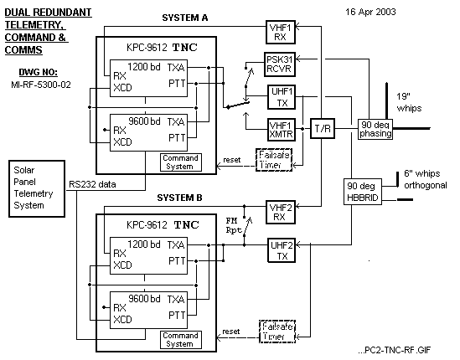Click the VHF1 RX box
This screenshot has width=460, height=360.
[281, 33]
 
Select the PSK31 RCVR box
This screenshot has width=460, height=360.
[280, 64]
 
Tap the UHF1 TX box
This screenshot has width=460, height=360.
[282, 97]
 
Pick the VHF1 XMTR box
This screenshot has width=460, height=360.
[282, 130]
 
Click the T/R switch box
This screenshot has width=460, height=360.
[323, 128]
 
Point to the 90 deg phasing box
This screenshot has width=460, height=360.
[375, 129]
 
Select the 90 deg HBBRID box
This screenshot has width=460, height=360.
[363, 192]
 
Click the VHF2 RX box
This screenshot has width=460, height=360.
[281, 213]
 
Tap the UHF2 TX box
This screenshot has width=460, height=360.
[282, 250]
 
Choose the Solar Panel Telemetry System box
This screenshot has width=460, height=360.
[37, 189]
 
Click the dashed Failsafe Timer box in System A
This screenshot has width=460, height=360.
[274, 160]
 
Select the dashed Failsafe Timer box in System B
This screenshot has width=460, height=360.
[277, 332]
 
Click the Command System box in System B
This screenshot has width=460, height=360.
[181, 340]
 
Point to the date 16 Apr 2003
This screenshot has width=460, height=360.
[370, 12]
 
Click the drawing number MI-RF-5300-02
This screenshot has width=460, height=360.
[41, 85]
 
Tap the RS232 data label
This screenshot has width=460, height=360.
[92, 184]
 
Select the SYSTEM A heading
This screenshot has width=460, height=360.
[185, 18]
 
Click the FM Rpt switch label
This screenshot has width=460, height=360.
[234, 225]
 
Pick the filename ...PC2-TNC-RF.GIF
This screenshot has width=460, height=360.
[395, 350]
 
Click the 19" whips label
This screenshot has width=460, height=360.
[409, 102]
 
